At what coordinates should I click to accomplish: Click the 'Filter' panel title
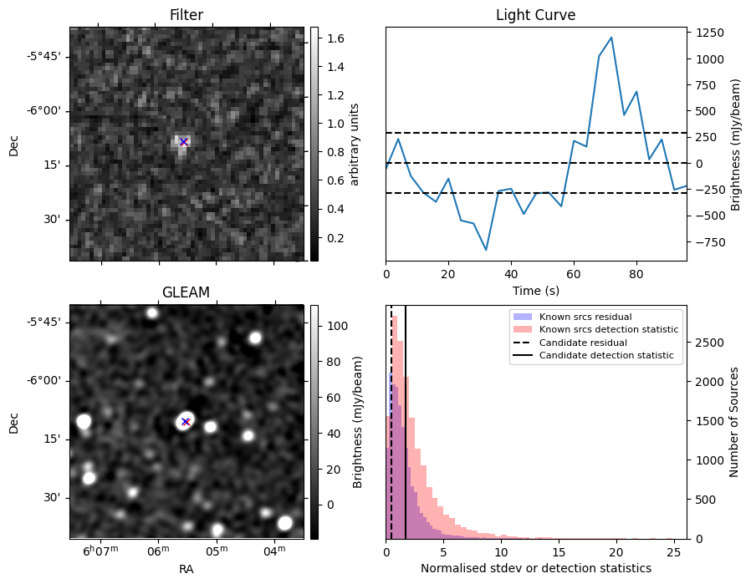(186, 15)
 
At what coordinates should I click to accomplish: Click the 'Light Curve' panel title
(535, 15)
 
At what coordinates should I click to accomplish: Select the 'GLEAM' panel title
(186, 292)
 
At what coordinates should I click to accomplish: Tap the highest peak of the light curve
(611, 38)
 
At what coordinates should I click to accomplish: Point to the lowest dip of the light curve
(486, 250)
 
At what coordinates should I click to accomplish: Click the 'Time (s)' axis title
(535, 290)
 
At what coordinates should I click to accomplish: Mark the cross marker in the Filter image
(183, 142)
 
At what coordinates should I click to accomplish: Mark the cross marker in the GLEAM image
(186, 422)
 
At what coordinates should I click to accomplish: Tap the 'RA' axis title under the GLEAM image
(186, 568)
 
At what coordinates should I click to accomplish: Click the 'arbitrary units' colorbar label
(355, 144)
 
